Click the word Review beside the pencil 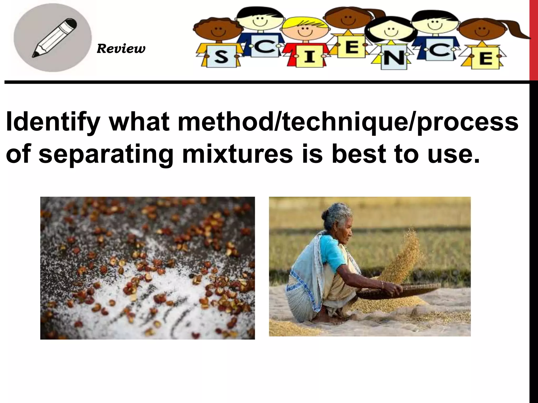[121, 49]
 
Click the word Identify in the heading [53, 122]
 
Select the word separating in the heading [105, 154]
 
